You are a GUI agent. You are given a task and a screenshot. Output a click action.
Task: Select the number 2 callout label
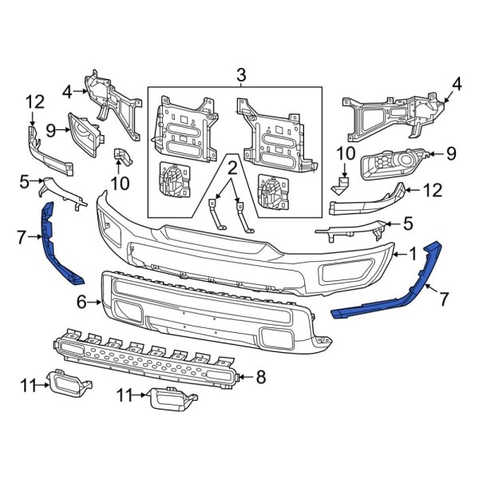point(232,168)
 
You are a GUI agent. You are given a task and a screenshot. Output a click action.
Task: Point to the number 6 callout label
point(81,302)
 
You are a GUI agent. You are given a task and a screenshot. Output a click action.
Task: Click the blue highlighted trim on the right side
point(399,287)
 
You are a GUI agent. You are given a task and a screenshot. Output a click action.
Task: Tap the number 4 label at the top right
point(457,83)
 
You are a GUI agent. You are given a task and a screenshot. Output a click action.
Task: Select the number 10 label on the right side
point(344,152)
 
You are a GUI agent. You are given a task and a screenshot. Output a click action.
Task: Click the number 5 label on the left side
point(24,182)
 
